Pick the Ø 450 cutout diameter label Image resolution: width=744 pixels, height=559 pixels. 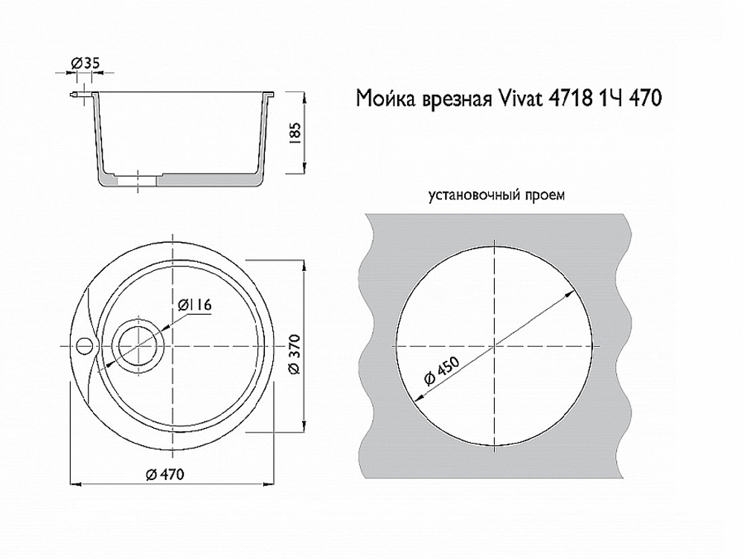point(440,369)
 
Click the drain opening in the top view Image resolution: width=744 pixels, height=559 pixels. point(137,345)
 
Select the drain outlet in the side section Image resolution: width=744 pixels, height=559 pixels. point(137,179)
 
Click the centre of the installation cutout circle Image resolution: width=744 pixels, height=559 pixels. point(495,345)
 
